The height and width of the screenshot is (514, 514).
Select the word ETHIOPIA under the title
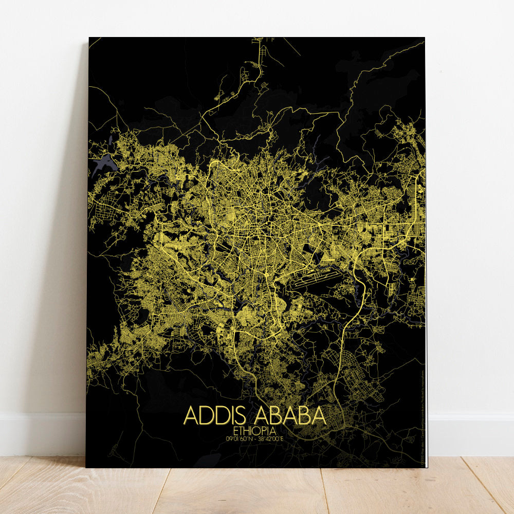pyautogui.click(x=254, y=430)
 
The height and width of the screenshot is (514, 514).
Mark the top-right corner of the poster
pyautogui.click(x=425, y=38)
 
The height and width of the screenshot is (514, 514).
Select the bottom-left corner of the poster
pyautogui.click(x=86, y=467)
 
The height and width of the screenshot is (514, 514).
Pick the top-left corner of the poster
pyautogui.click(x=89, y=38)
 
